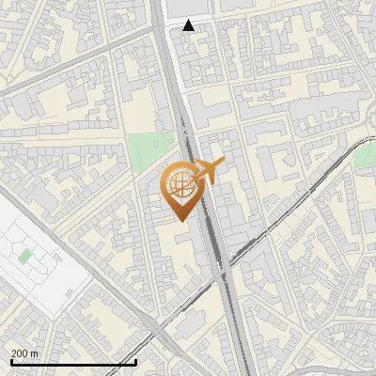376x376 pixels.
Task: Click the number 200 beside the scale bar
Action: coord(20,353)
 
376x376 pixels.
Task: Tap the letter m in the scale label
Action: coord(34,353)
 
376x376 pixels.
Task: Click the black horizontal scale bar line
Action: coord(73,362)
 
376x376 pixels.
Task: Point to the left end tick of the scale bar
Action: coord(10,360)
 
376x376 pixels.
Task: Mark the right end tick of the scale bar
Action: coord(136,360)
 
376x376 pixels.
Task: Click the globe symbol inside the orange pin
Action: coord(182,183)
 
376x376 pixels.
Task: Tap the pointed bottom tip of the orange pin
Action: coord(182,221)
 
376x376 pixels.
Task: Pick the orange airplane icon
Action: coord(209,172)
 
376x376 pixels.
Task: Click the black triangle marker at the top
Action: coord(189,25)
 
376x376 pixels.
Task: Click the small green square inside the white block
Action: coord(24,255)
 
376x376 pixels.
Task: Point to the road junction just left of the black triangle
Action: coord(171,27)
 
